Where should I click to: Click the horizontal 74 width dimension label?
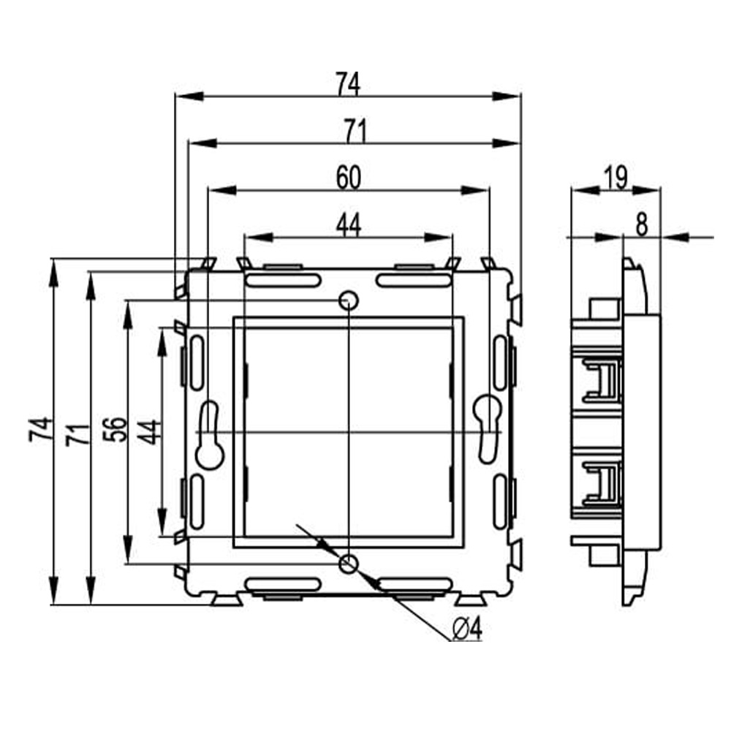point(348,85)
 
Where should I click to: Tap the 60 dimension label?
point(349,178)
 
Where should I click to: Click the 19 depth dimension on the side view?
point(616,178)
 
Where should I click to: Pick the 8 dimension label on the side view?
point(641,225)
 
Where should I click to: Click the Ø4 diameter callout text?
point(469,627)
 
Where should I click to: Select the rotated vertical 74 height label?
point(40,429)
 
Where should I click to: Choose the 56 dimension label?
point(114,430)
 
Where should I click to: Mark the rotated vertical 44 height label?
point(149,431)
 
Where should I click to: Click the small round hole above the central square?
point(349,300)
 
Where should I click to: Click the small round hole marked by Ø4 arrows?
point(349,563)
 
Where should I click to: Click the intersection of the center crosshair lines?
point(349,432)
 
